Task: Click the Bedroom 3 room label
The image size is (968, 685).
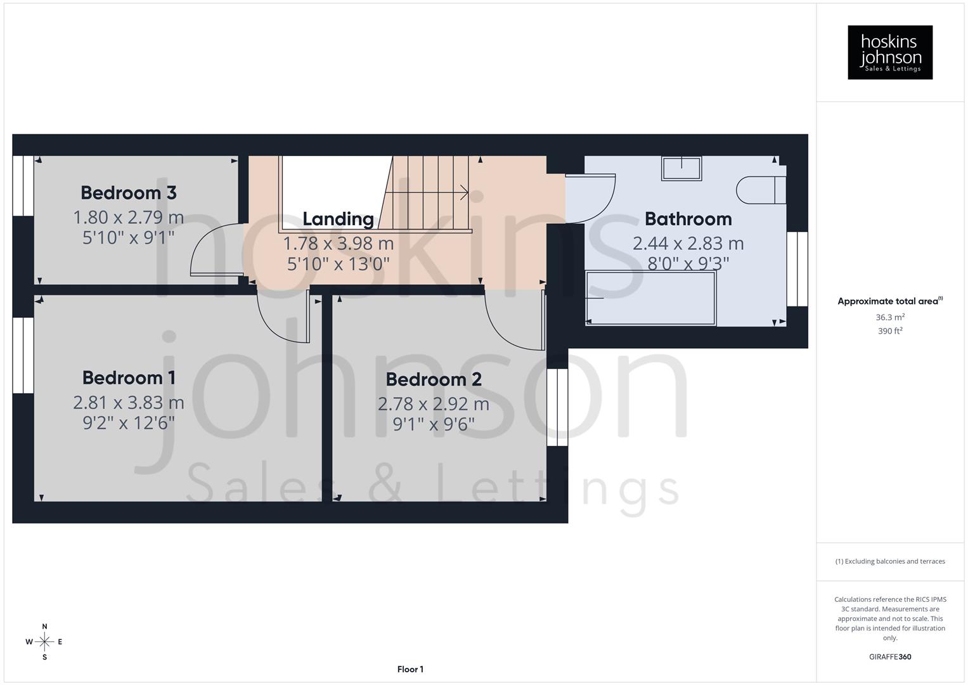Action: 128,192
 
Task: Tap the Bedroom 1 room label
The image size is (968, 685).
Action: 129,377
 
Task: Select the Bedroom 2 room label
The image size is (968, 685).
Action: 434,379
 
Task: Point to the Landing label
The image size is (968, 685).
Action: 338,219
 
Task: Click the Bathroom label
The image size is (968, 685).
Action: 688,219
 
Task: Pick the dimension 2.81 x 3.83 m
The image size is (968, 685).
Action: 129,402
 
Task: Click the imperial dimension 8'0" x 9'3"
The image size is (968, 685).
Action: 688,263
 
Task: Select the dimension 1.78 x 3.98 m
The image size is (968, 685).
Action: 338,243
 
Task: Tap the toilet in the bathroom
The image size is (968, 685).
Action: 760,190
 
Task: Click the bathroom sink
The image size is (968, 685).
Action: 681,169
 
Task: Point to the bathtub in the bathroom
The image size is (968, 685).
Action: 650,298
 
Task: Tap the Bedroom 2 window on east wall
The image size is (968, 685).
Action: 557,407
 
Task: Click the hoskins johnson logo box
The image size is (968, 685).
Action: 890,52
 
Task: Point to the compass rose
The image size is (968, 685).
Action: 44,642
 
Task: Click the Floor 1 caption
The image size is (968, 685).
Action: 410,669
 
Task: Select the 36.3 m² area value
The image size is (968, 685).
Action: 890,317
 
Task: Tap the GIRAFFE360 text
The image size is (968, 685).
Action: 890,656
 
